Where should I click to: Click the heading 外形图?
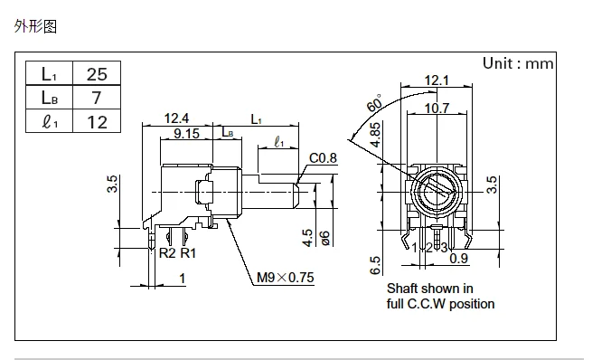(x=35, y=26)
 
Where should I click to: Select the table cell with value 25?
(x=97, y=73)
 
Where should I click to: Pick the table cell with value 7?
(x=97, y=97)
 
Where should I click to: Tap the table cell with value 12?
(x=97, y=121)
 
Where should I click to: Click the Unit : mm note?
(x=518, y=63)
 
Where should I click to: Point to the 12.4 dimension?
(x=176, y=118)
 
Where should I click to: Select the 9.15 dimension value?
(x=186, y=133)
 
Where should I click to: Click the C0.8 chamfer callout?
(x=323, y=158)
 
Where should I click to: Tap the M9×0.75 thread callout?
(x=285, y=278)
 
